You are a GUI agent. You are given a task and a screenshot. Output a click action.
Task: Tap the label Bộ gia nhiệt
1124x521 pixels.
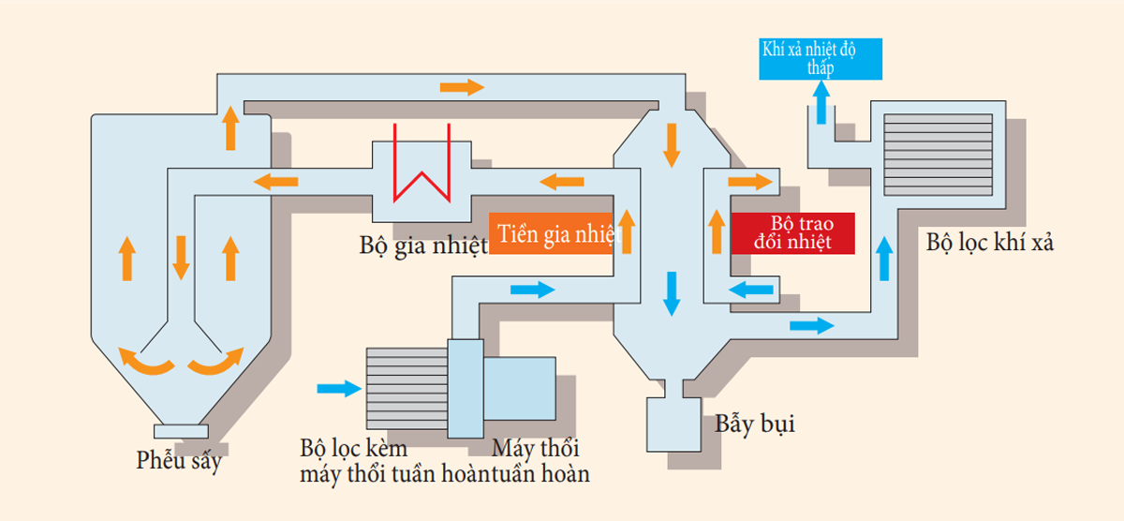click(423, 246)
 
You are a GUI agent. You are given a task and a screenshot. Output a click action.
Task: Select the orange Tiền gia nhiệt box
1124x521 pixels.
click(553, 233)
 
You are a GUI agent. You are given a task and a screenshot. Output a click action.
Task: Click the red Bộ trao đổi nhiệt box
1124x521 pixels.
click(793, 233)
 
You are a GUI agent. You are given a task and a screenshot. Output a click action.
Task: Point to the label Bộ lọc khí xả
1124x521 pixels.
click(991, 243)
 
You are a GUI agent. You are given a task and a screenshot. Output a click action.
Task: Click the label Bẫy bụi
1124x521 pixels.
click(755, 424)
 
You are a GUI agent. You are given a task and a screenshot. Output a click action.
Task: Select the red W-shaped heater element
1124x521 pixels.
click(422, 170)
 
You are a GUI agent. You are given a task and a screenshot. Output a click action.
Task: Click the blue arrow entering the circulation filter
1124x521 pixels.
click(339, 388)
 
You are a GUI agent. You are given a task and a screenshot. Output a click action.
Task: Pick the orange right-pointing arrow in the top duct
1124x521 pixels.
click(462, 87)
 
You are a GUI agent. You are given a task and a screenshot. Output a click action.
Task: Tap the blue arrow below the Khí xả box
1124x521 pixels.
click(821, 102)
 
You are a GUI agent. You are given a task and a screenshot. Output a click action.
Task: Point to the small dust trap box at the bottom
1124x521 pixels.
click(673, 421)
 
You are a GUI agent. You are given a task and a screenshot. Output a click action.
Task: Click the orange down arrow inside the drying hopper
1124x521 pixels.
click(179, 257)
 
